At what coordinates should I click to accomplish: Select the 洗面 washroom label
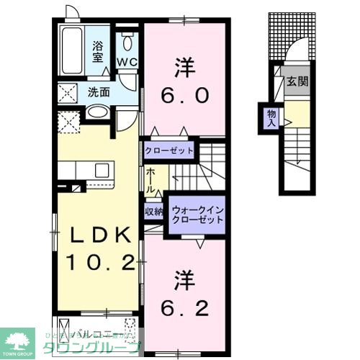click(x=99, y=92)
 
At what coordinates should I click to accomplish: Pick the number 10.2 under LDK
click(x=101, y=262)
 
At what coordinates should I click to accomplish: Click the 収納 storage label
click(x=153, y=211)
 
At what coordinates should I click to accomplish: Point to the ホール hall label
click(x=151, y=179)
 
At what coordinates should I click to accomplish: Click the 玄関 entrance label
click(x=297, y=81)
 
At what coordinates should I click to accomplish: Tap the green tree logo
click(x=19, y=338)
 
